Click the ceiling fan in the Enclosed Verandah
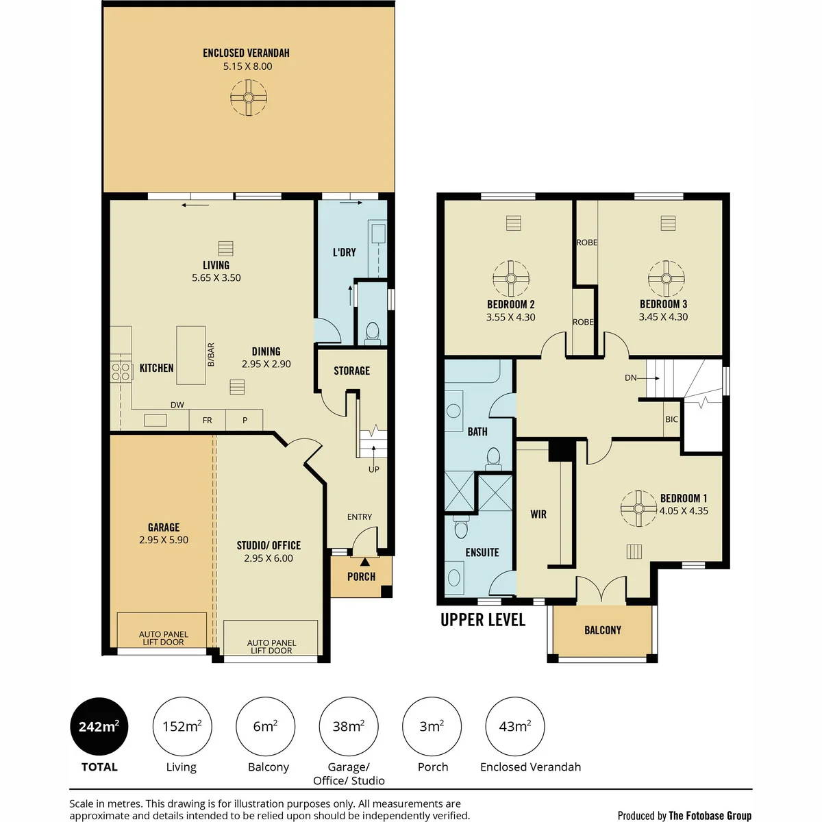point(248,98)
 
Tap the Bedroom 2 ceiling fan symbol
point(510,279)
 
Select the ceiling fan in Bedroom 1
point(638,508)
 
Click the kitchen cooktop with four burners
point(121,371)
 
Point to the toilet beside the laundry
point(373,333)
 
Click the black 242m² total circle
point(99,726)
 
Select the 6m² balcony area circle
point(265,726)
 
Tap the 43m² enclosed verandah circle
point(515,726)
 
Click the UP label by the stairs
point(374,469)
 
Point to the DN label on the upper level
point(630,377)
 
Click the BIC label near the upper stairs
point(671,419)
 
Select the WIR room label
point(538,514)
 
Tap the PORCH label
point(361,577)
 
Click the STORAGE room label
point(351,371)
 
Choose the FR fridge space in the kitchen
point(208,420)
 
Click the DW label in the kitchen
point(177,405)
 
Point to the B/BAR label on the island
point(211,355)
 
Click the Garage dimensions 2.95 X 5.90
point(164,540)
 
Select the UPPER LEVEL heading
point(483,620)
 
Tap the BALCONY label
point(603,630)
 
